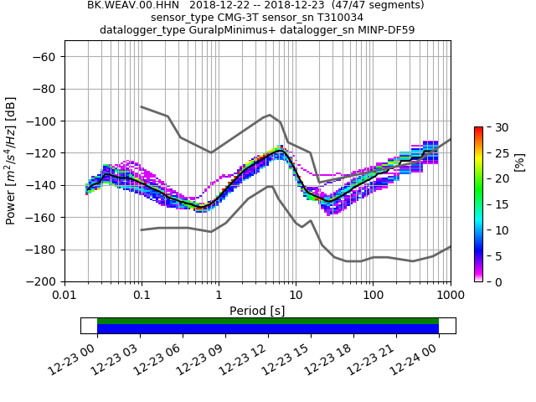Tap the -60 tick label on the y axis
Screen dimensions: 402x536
pos(45,57)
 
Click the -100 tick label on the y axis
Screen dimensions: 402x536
pos(42,121)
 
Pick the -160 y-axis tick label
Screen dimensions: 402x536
pos(42,218)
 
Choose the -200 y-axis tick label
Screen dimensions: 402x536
pos(42,282)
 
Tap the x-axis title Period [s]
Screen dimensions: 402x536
pos(257,311)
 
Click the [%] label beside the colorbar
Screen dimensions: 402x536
pos(519,162)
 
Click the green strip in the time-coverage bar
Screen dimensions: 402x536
pos(268,321)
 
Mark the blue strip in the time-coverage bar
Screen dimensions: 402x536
pos(268,329)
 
